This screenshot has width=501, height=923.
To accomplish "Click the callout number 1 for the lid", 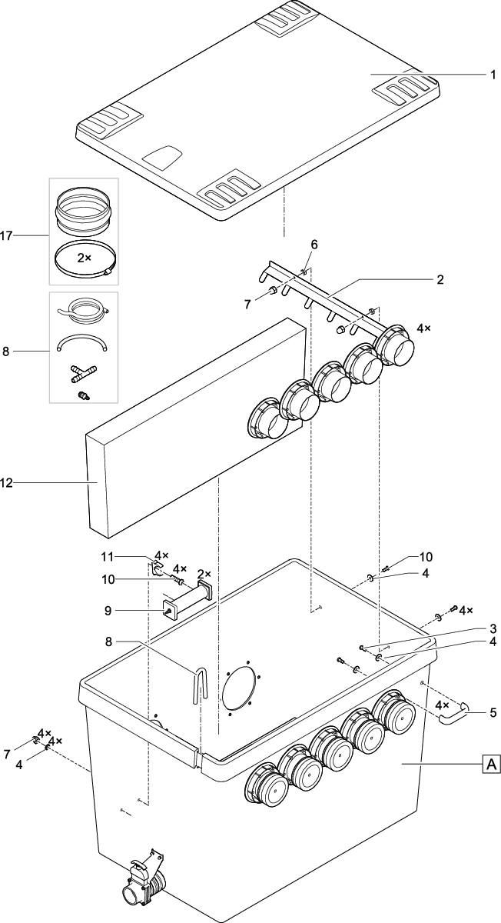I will pyautogui.click(x=493, y=75).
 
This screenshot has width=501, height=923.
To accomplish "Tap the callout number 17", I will pyautogui.click(x=7, y=236).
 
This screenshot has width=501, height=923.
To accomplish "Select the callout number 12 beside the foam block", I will pyautogui.click(x=7, y=483).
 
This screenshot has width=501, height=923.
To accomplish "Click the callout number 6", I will pyautogui.click(x=314, y=245).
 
